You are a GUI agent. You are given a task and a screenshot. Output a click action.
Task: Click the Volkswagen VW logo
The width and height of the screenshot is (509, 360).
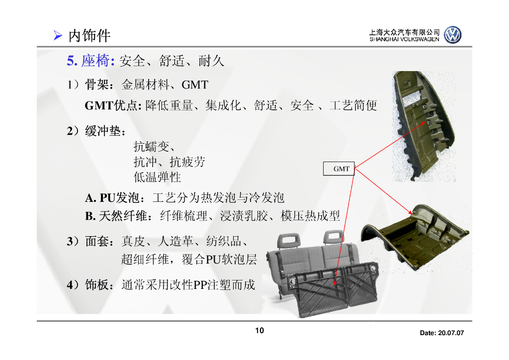point(452,35)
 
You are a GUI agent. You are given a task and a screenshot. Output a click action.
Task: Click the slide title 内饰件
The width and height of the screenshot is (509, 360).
point(89,35)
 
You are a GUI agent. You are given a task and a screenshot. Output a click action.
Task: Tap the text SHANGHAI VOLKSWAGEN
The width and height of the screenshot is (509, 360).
point(404,39)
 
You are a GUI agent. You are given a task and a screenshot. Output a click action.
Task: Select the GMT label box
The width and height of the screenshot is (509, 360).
point(341,169)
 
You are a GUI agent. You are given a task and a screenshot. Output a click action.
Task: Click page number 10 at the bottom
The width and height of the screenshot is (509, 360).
point(259,331)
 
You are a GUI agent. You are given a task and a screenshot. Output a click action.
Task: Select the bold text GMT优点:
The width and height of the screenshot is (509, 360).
point(114,105)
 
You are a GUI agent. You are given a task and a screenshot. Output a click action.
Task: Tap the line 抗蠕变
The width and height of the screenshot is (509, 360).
point(154,147)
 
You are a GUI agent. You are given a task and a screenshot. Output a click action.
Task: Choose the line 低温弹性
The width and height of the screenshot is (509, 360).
point(157,177)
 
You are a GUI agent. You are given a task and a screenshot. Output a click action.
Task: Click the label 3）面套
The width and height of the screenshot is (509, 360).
point(92,242)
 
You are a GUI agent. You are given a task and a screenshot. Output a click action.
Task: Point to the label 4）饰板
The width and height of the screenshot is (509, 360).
point(92,285)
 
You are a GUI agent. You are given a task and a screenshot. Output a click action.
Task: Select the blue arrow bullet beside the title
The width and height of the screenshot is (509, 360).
point(58,36)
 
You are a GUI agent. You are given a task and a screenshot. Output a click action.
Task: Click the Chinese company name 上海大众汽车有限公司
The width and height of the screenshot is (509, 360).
point(404,32)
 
